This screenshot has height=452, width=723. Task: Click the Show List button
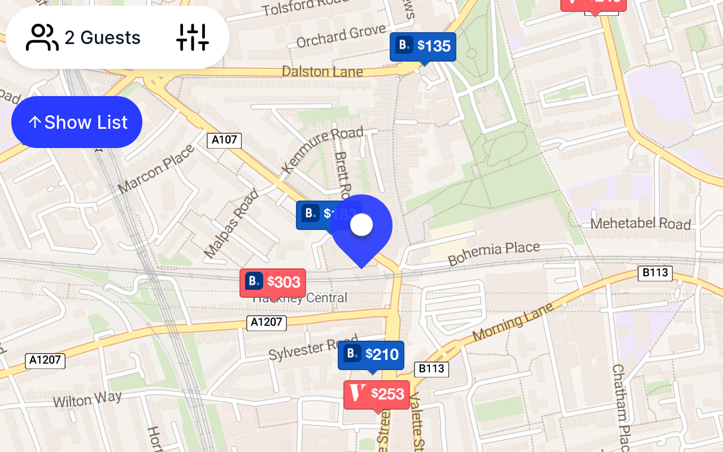pyautogui.click(x=77, y=122)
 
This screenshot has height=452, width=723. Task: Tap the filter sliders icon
pyautogui.click(x=193, y=37)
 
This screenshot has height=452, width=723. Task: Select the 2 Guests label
pyautogui.click(x=102, y=38)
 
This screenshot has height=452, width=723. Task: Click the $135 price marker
pyautogui.click(x=423, y=46)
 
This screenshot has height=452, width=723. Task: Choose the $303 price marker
pyautogui.click(x=273, y=282)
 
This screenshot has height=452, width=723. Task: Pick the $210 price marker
pyautogui.click(x=371, y=355)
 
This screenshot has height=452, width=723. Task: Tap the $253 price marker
pyautogui.click(x=377, y=394)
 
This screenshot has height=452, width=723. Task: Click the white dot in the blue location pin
pyautogui.click(x=361, y=225)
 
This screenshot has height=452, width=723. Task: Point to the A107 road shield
pyautogui.click(x=224, y=140)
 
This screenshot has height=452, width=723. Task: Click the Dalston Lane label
pyautogui.click(x=322, y=72)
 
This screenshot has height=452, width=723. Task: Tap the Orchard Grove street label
pyautogui.click(x=341, y=36)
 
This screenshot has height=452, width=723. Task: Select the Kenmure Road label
pyautogui.click(x=322, y=150)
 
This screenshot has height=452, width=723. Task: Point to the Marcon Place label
pyautogui.click(x=156, y=169)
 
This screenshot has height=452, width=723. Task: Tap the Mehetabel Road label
pyautogui.click(x=641, y=224)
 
